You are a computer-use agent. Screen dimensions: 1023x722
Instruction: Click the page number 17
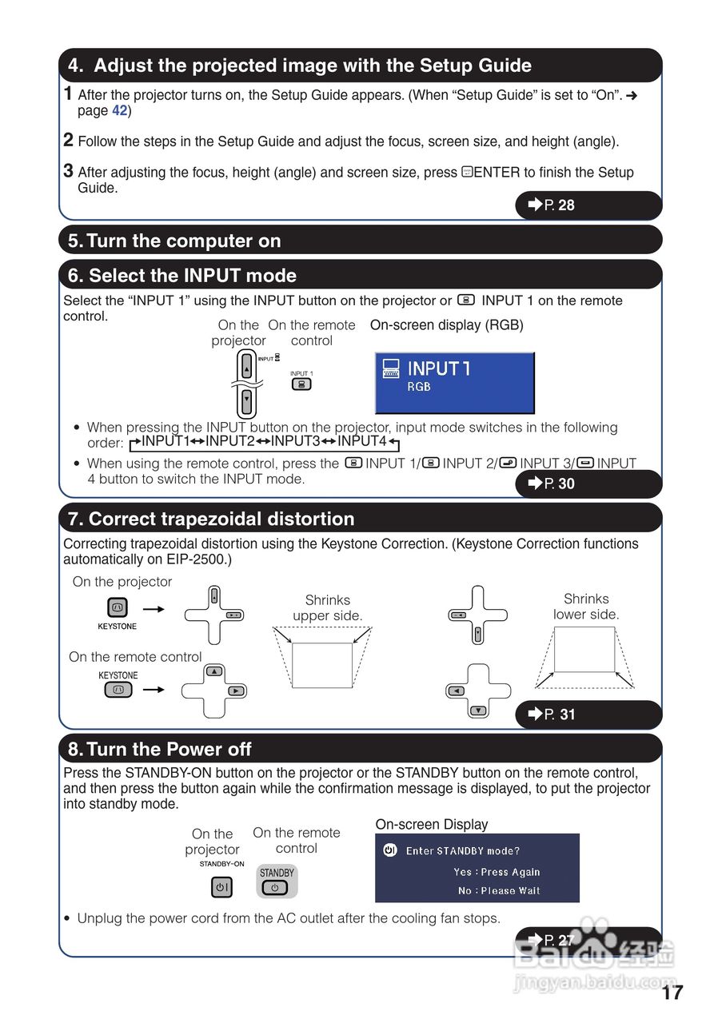tap(672, 993)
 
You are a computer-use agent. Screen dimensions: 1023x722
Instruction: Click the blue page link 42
tap(119, 111)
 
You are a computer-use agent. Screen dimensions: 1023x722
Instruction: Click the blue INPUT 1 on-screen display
tap(454, 383)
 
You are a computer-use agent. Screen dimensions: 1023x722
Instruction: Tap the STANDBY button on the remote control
tap(276, 882)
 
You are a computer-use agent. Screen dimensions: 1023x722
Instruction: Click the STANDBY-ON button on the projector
tap(221, 887)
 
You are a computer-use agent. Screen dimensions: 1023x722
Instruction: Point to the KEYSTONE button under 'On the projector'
tap(117, 608)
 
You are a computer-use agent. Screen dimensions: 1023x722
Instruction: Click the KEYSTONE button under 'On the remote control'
tap(118, 689)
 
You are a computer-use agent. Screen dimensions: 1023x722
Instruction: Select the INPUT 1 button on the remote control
tap(301, 384)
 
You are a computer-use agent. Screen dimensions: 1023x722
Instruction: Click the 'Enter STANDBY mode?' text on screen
tap(462, 851)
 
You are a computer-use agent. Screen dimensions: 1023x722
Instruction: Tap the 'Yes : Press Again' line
tap(497, 872)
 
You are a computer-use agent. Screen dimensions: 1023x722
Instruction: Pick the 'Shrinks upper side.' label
tap(327, 607)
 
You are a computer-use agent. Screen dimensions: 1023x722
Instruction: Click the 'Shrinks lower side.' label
tap(586, 607)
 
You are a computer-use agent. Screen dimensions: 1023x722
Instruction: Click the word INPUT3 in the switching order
tap(295, 441)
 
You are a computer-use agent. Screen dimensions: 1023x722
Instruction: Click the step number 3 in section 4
tap(69, 170)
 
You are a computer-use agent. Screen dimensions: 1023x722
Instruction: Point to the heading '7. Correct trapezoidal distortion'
tap(211, 519)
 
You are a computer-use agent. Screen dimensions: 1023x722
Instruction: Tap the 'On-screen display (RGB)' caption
tap(446, 325)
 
